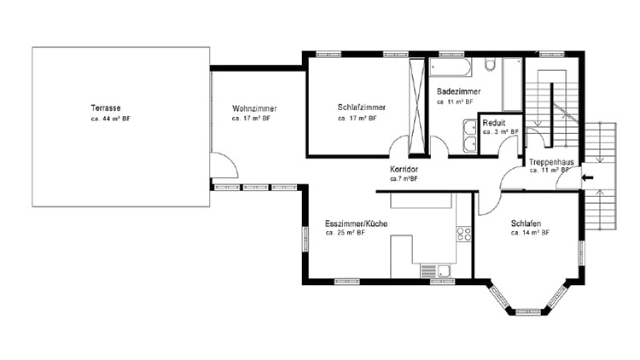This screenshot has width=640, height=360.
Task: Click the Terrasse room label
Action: pos(106,108)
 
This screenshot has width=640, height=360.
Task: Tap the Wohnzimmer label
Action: pos(254,108)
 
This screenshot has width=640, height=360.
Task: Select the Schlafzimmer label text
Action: pos(362,107)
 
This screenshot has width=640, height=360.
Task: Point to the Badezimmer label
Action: pos(458,91)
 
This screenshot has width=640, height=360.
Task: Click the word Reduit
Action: pos(494,123)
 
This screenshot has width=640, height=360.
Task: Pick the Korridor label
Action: pos(404,169)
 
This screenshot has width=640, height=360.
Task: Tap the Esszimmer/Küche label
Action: pos(357,224)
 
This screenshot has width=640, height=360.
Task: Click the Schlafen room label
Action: pos(527,224)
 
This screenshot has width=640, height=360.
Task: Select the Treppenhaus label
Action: pos(551,162)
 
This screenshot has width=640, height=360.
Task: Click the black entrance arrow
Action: pos(588,177)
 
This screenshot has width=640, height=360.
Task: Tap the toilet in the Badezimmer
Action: pos(490,65)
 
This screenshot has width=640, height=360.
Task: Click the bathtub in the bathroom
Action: pos(451,67)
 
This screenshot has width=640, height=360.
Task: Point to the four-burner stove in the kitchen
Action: pos(463,234)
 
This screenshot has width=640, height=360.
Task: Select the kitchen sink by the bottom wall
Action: pos(436,271)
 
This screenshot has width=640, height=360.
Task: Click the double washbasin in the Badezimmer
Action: pos(470,136)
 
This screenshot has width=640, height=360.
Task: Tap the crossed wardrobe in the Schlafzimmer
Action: pos(416,107)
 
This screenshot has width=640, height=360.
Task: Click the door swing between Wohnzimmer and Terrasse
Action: pos(224,165)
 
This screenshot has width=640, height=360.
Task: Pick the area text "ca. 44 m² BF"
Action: pos(111,119)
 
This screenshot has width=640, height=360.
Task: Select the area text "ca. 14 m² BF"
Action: pos(530,233)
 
